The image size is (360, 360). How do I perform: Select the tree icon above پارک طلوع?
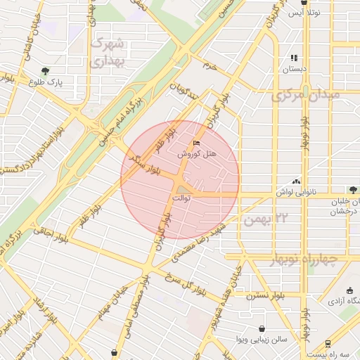pyautogui.click(x=46, y=70)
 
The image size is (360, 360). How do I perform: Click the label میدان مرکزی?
pyautogui.click(x=307, y=94)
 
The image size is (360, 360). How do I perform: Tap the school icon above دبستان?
pyautogui.click(x=294, y=58)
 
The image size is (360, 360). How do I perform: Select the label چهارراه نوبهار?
pyautogui.click(x=304, y=260)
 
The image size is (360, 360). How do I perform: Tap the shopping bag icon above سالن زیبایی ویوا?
pyautogui.click(x=262, y=328)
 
